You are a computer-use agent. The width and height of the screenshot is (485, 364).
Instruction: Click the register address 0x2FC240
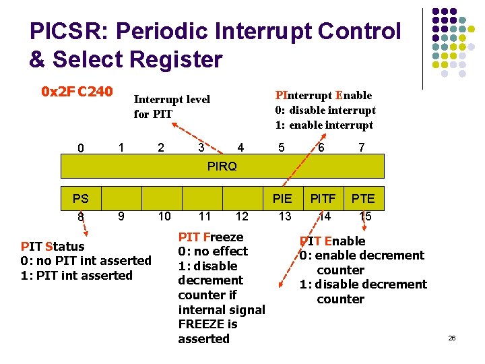77,91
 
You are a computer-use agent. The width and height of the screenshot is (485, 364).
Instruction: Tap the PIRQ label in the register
222,166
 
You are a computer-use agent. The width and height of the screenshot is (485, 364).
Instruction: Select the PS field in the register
81,198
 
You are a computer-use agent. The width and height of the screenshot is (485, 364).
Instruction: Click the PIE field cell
282,198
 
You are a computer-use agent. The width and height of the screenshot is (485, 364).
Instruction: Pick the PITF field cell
323,198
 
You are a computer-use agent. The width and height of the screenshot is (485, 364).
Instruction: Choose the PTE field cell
363,198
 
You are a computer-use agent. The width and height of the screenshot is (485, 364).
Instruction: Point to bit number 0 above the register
81,148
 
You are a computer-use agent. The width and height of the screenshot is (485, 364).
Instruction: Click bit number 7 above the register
362,146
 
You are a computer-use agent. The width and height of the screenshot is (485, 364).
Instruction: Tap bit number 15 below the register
365,216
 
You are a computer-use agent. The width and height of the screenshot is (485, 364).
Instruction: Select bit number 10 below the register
164,216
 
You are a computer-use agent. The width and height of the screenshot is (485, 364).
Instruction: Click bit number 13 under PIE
285,216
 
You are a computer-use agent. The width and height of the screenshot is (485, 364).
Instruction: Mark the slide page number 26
452,338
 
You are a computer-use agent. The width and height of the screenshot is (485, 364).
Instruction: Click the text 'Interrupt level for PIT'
172,107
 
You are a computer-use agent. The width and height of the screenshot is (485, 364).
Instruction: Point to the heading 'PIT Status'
53,246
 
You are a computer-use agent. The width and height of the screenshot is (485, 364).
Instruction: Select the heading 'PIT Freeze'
210,237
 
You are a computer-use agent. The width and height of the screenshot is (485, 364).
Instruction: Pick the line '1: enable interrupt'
324,125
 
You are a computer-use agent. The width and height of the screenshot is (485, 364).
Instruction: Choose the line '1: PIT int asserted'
77,275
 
